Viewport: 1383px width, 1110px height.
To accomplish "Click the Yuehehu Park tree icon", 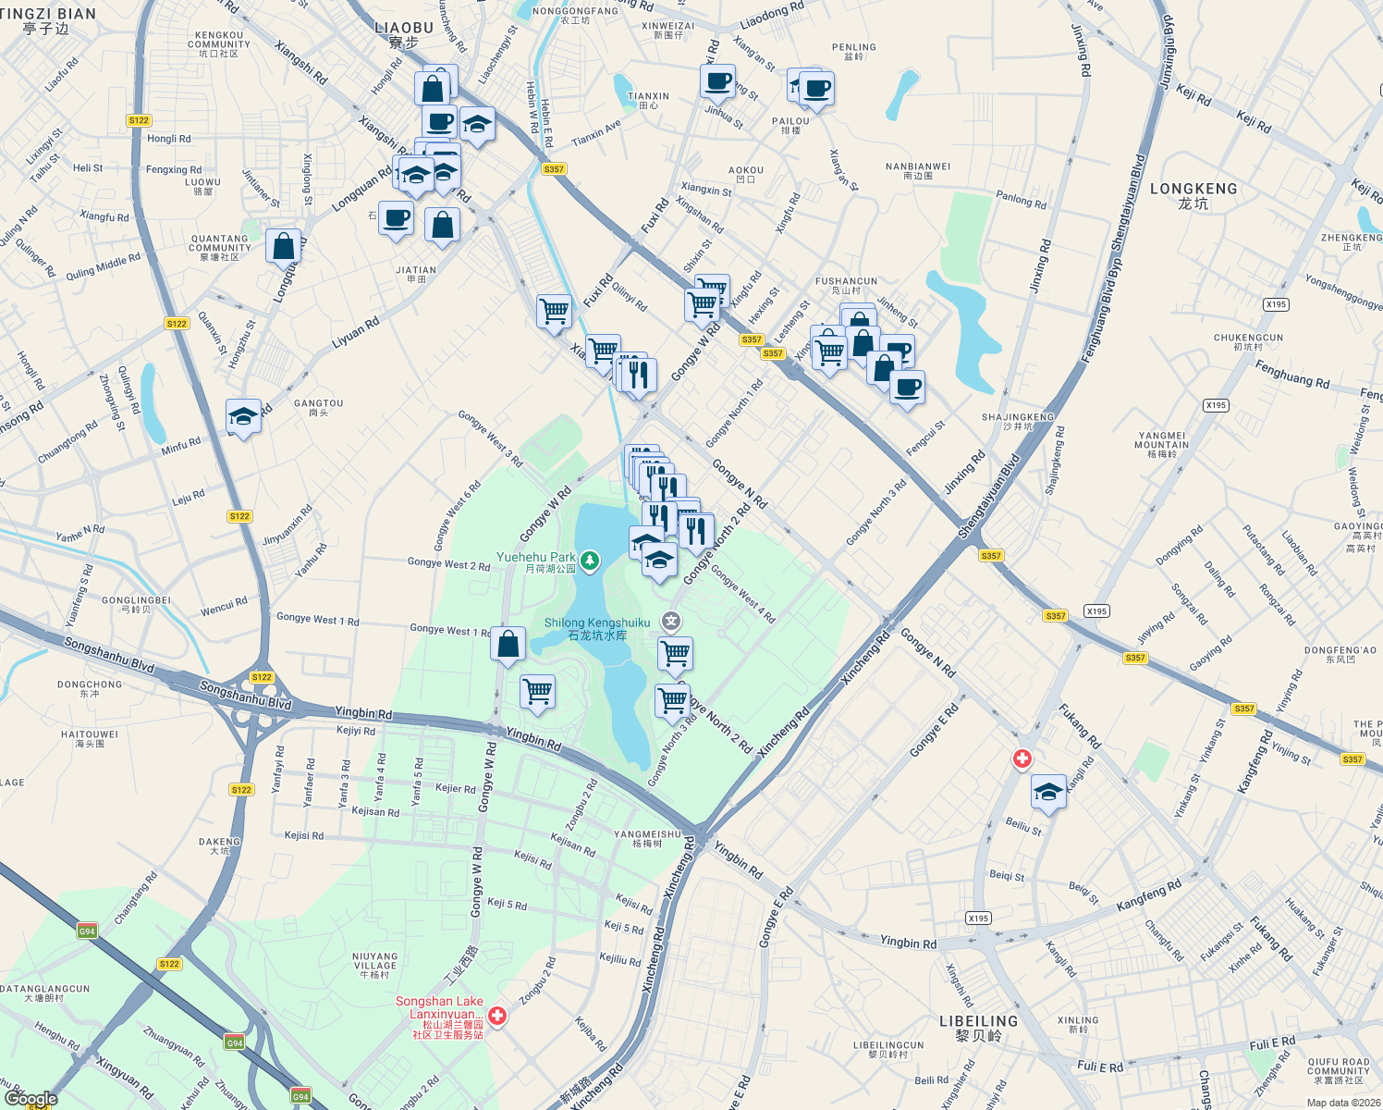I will [x=589, y=561].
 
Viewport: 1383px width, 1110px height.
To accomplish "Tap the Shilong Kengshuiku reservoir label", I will [x=596, y=629].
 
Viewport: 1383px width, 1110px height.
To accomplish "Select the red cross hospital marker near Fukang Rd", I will [x=1022, y=759].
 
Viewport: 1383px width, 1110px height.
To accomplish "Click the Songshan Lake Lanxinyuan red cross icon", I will [x=497, y=1016].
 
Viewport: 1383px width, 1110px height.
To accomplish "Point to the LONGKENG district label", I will [x=1193, y=195].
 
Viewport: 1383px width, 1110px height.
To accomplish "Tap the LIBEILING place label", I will [x=978, y=1028].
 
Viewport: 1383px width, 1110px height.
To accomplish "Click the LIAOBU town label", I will [x=404, y=34].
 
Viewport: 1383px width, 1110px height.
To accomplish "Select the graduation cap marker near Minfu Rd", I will [x=243, y=417].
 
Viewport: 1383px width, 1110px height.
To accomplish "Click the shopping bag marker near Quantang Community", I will [x=283, y=246].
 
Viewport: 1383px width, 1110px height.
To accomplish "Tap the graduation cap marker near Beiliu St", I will [x=1048, y=793].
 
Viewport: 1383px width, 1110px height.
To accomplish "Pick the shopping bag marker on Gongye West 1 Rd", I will [x=508, y=645].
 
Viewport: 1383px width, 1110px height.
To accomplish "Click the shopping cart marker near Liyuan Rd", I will [x=554, y=311].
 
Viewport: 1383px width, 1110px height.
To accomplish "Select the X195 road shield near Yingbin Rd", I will [x=978, y=919].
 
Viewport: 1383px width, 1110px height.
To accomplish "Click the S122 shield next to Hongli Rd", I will [x=139, y=120].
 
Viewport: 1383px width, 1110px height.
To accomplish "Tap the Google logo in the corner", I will [x=30, y=1099].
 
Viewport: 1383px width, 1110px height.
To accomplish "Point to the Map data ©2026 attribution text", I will [x=1342, y=1103].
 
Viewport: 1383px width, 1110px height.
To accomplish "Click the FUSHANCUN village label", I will [x=846, y=285].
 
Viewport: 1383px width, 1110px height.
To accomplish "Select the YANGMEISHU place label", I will [x=647, y=838].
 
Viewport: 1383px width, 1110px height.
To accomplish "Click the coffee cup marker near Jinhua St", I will [x=717, y=81].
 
